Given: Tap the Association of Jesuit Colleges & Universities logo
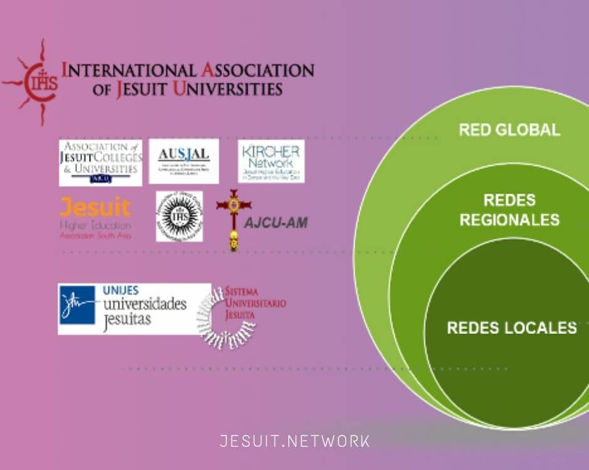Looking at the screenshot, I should coord(100,162).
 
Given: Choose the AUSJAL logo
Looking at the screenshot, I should coord(184,161).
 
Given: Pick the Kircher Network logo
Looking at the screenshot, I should coord(271,161).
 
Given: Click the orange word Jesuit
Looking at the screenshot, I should coord(95,207).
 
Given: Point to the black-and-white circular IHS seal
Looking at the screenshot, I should coord(179,216).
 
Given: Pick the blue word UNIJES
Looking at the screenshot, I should coord(120,291).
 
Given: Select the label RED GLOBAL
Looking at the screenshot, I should coord(509,130).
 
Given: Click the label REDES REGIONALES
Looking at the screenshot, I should coord(509,210).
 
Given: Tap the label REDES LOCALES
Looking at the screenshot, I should coord(511,328).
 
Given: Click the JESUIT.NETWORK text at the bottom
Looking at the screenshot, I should coord(294,441).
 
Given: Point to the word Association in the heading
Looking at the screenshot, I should coord(256,70).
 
